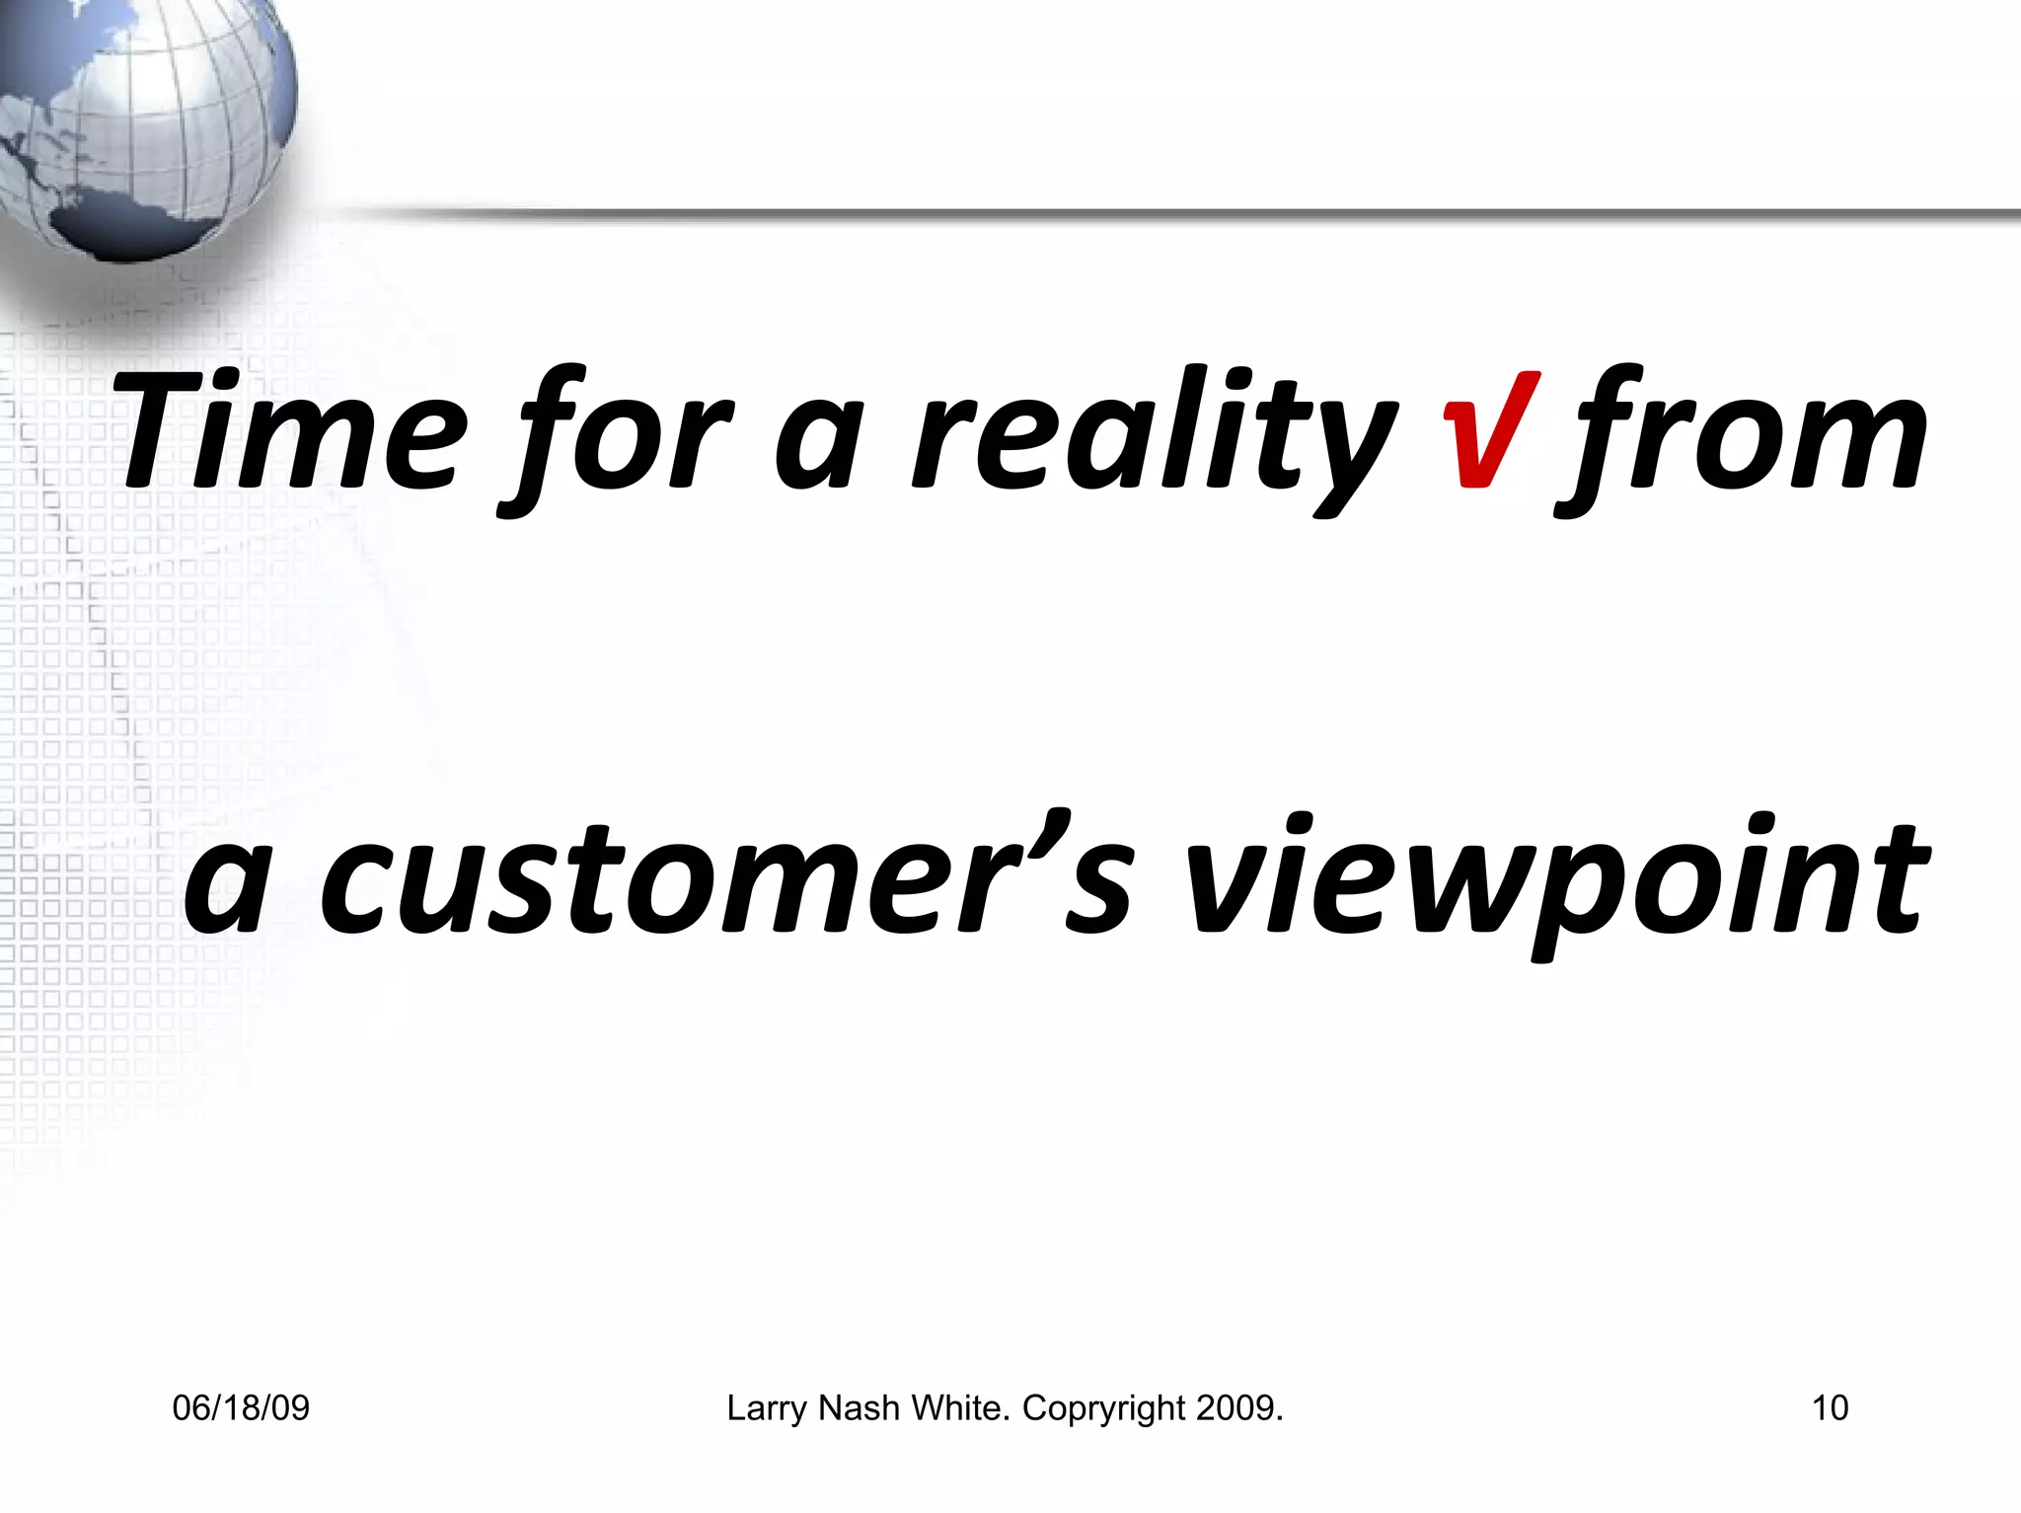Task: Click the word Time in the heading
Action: tap(291, 432)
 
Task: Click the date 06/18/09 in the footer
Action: tap(241, 1408)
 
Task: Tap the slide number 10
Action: tap(1830, 1408)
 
